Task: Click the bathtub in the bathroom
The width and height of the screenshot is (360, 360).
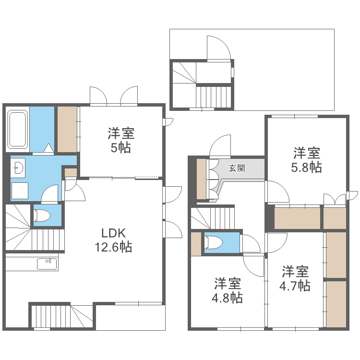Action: (17, 130)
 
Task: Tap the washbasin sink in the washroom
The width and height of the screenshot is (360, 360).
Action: (19, 168)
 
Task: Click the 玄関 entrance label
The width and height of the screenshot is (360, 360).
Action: (237, 168)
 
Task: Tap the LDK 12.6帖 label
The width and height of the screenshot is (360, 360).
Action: (113, 240)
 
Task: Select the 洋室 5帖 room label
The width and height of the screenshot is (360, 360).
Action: (120, 140)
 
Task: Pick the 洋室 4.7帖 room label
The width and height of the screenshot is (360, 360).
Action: (295, 278)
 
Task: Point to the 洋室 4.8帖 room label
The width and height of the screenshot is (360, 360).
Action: (228, 290)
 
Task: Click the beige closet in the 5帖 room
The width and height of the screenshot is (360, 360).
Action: (67, 129)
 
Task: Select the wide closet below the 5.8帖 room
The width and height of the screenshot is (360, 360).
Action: (297, 218)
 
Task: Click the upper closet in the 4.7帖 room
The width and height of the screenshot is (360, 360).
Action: (336, 254)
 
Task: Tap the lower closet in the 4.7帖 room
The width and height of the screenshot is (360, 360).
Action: (336, 303)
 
